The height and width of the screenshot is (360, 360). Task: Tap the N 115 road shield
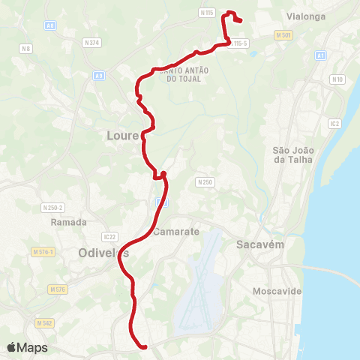pyautogui.click(x=208, y=13)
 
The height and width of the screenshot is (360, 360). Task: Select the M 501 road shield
pyautogui.click(x=283, y=35)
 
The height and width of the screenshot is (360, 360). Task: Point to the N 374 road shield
pyautogui.click(x=92, y=43)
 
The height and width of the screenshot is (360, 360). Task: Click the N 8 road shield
pyautogui.click(x=27, y=49)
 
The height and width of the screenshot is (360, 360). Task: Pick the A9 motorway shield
pyautogui.click(x=99, y=75)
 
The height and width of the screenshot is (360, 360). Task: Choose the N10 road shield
pyautogui.click(x=337, y=79)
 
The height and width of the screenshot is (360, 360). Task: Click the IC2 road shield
pyautogui.click(x=334, y=123)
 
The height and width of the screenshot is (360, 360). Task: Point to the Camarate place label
pyautogui.click(x=176, y=232)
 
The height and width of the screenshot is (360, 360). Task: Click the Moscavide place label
pyautogui.click(x=277, y=290)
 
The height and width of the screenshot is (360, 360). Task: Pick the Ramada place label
pyautogui.click(x=69, y=222)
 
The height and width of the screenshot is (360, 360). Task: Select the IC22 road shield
pyautogui.click(x=110, y=237)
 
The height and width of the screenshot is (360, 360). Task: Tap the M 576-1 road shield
pyautogui.click(x=42, y=251)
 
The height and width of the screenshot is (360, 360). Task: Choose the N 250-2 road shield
pyautogui.click(x=52, y=207)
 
